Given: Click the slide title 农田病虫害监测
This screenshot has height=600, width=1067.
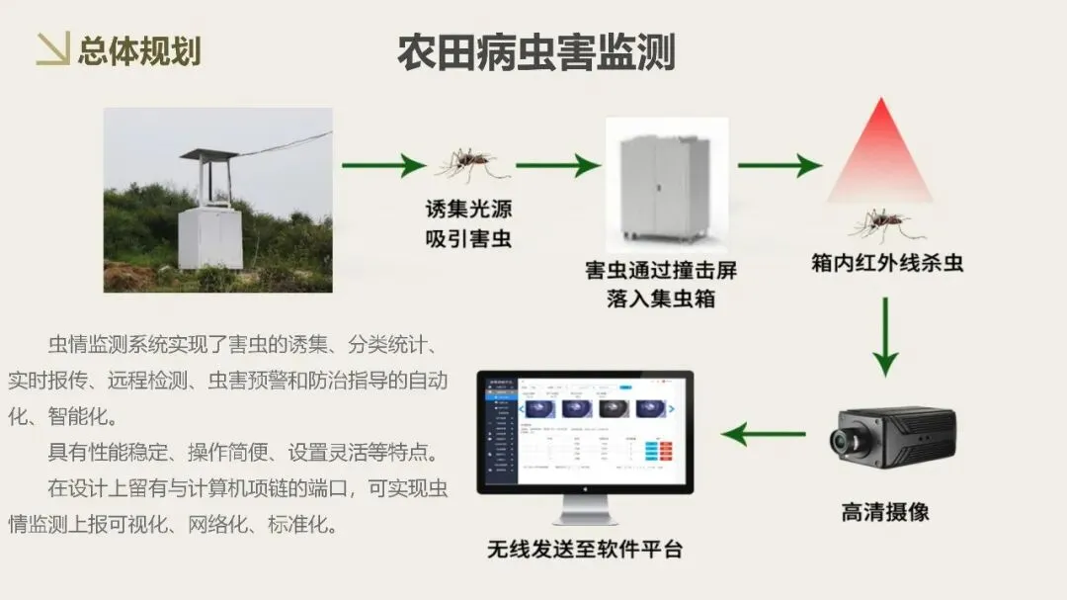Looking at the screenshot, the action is pyautogui.click(x=535, y=51).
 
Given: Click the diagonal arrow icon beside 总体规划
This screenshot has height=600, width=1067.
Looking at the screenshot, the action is pyautogui.click(x=52, y=49).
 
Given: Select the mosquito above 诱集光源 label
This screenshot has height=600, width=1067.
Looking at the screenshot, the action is pyautogui.click(x=467, y=164).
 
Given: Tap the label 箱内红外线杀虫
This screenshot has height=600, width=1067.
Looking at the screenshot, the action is pyautogui.click(x=886, y=263).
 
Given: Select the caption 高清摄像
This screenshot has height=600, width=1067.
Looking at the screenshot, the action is pyautogui.click(x=884, y=512).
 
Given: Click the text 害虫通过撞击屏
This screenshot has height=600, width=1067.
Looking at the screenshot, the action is pyautogui.click(x=660, y=270).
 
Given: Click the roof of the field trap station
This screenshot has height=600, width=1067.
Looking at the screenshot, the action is pyautogui.click(x=207, y=155).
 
